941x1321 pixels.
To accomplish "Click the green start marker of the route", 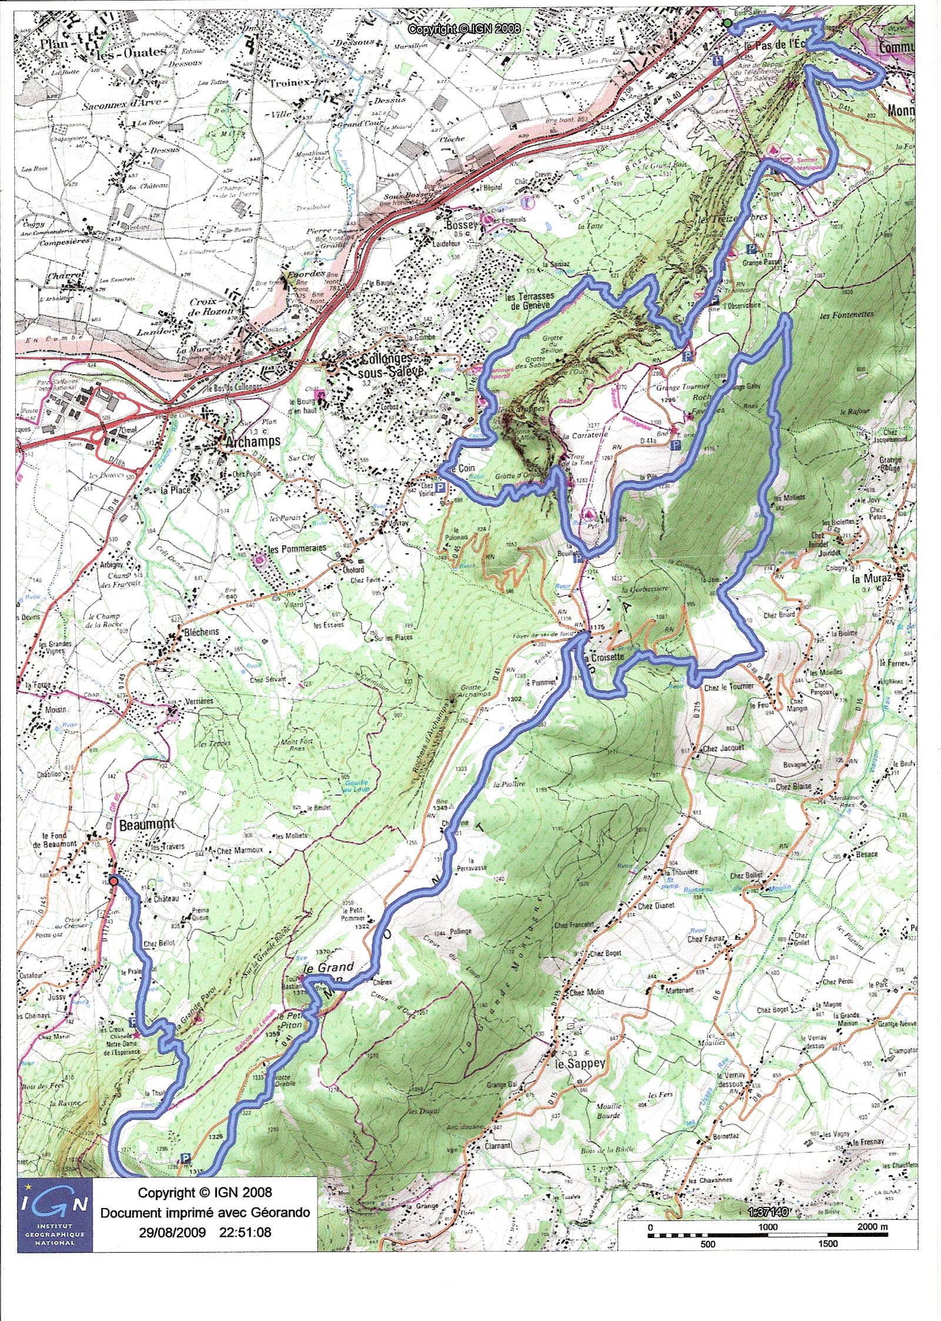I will click(728, 23).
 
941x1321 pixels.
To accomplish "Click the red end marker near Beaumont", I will click(114, 880).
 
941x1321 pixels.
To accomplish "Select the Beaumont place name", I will click(146, 824).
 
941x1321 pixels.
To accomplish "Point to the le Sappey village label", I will click(580, 1064).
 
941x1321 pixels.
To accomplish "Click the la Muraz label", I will click(872, 578).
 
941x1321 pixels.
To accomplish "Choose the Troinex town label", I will click(289, 83).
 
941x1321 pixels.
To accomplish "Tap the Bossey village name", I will click(461, 225).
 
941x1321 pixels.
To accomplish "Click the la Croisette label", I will click(603, 657).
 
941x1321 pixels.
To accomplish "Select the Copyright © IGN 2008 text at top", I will click(464, 28).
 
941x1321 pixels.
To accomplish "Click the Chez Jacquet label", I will click(723, 748).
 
